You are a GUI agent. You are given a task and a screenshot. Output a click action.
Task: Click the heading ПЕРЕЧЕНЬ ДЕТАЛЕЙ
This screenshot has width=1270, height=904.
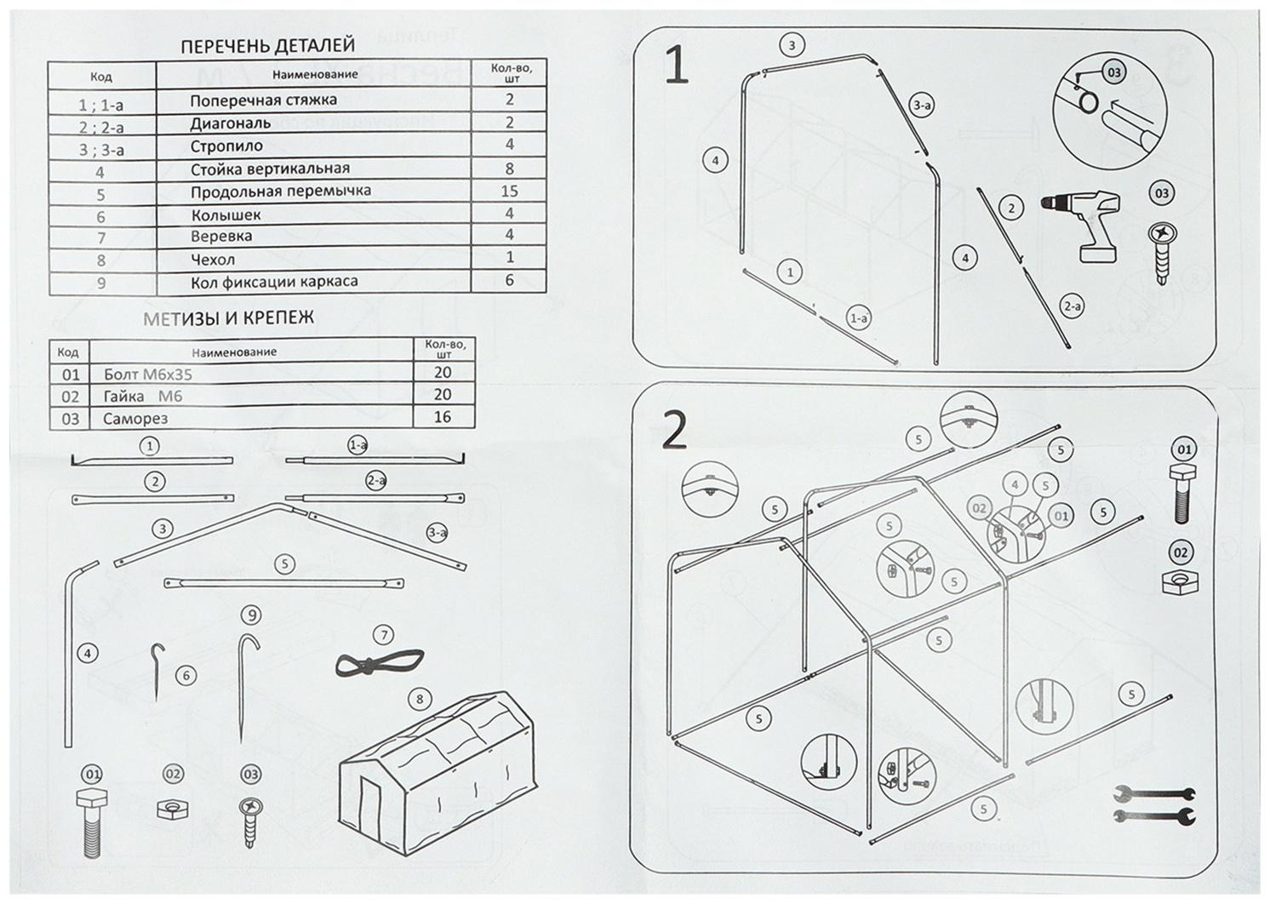click(268, 46)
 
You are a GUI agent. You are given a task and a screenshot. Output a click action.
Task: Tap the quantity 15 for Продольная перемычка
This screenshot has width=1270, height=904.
click(509, 191)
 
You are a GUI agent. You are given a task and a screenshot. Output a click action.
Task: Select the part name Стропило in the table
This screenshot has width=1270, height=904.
click(226, 146)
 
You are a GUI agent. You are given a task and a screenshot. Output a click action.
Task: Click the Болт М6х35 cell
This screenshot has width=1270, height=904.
click(155, 374)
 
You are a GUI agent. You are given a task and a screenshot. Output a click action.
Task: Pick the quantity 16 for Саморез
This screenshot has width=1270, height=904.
click(443, 417)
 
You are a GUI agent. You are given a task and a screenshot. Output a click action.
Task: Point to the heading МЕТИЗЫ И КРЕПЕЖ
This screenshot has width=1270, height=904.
click(229, 318)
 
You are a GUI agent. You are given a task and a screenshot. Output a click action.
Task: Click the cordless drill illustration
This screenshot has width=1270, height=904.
click(1081, 224)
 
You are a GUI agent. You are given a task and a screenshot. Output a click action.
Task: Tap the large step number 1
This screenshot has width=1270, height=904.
click(676, 66)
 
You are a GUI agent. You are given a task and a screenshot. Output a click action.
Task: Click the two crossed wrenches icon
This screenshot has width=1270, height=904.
click(1154, 805)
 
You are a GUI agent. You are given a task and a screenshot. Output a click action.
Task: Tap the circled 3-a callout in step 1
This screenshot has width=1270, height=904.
click(921, 106)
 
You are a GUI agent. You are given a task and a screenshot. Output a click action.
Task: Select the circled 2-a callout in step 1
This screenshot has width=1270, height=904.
click(1071, 306)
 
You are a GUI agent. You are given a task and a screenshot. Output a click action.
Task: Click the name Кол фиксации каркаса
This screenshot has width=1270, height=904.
click(273, 282)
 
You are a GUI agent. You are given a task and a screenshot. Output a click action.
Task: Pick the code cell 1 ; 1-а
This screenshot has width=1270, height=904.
click(100, 105)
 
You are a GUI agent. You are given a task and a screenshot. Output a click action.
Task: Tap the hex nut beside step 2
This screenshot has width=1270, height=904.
click(1180, 582)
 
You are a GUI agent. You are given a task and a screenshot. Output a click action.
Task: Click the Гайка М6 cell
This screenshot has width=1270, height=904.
click(142, 396)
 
